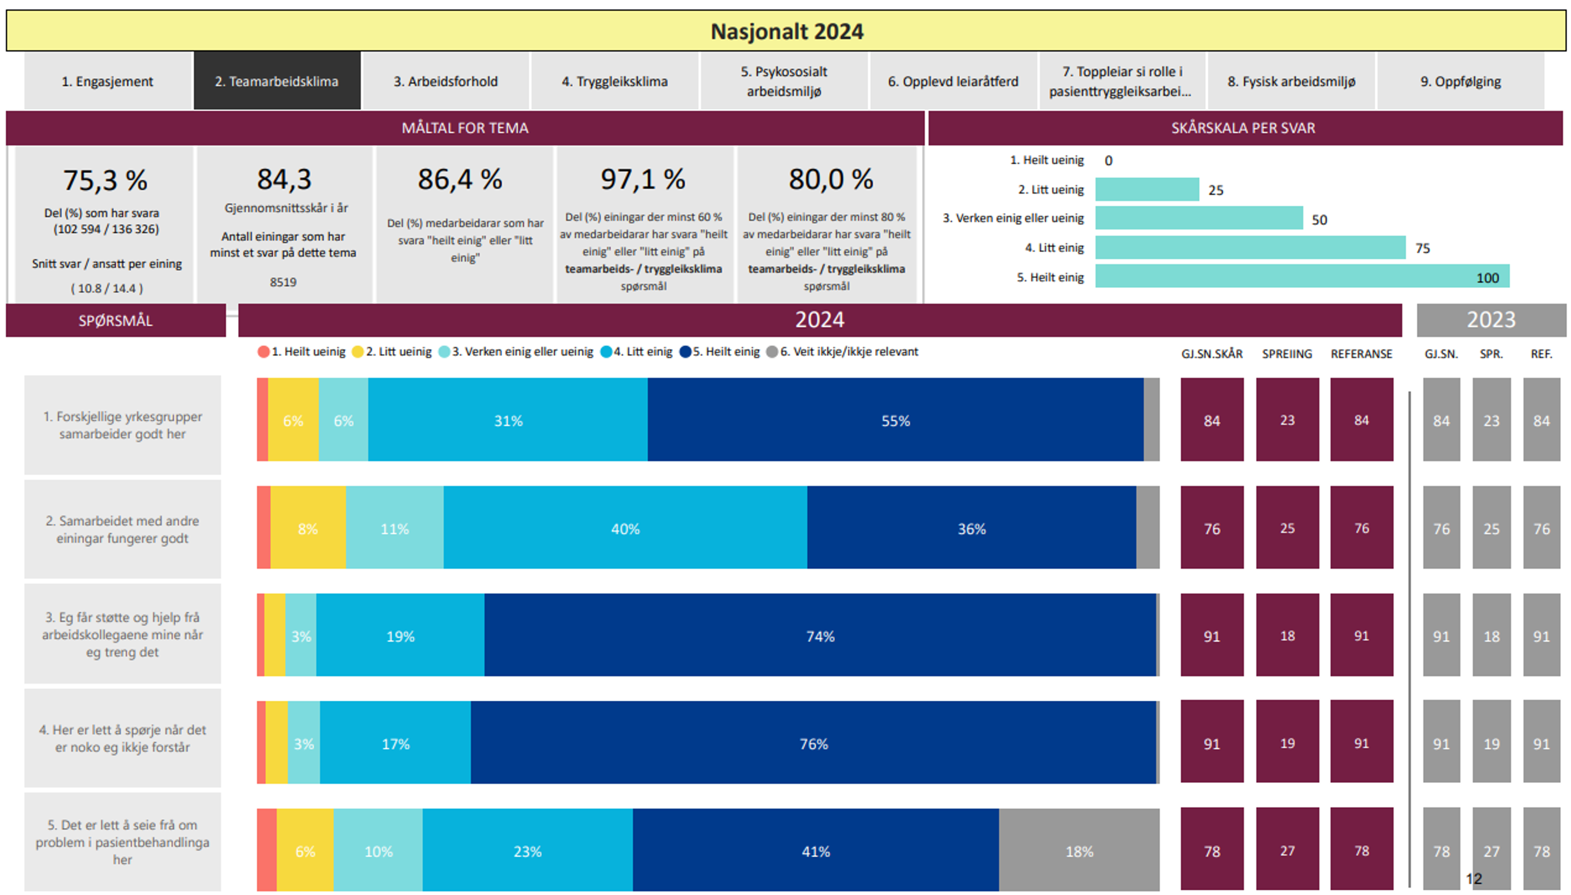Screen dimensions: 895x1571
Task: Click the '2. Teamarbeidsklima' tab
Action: tap(277, 81)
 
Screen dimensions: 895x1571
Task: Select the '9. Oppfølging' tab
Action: tap(1460, 81)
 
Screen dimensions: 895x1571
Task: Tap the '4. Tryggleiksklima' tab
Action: tap(614, 81)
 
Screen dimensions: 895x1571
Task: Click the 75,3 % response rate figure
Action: tap(105, 181)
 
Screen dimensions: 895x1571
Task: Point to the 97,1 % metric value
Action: tap(643, 180)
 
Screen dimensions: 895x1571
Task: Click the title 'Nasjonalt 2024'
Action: tap(787, 31)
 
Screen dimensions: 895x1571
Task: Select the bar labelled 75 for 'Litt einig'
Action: tap(1250, 248)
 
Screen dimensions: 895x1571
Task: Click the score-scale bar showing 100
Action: tap(1302, 276)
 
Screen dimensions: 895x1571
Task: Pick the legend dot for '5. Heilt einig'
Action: tap(686, 352)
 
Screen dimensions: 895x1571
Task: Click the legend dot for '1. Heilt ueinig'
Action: tap(264, 352)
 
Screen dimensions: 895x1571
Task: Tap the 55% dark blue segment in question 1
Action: tap(895, 420)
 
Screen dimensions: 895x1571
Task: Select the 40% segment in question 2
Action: tap(625, 528)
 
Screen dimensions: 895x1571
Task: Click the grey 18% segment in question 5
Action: tap(1079, 851)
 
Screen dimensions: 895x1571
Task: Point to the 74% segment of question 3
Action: tap(820, 636)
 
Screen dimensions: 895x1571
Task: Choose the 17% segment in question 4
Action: tap(396, 743)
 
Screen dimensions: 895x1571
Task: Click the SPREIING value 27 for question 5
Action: tap(1288, 850)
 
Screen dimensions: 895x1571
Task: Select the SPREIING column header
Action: tap(1287, 354)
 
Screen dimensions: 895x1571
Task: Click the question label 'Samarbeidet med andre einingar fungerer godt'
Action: tap(122, 529)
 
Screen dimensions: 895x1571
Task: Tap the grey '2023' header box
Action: tap(1491, 319)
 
